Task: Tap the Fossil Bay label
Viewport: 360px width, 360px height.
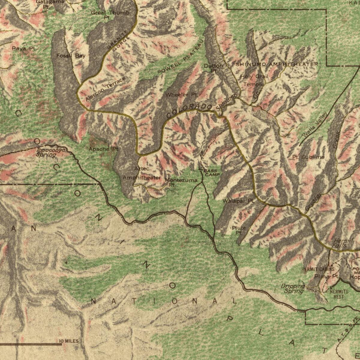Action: point(71,56)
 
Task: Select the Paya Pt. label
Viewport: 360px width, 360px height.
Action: point(24,48)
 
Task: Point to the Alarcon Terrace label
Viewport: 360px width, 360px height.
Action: point(105,89)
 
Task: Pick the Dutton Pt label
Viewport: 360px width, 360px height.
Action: point(213,68)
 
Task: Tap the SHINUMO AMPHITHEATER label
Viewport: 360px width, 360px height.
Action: point(277,64)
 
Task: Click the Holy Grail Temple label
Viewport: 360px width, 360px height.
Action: point(254,80)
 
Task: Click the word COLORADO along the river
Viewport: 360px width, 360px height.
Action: point(190,111)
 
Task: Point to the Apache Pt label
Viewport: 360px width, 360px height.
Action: point(104,149)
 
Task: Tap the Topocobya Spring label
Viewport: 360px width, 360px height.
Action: point(46,153)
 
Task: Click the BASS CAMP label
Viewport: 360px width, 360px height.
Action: point(212,172)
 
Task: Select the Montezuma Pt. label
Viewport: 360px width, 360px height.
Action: point(181,182)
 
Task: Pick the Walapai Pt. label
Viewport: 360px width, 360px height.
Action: point(238,201)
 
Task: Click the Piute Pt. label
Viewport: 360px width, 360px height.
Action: point(239,230)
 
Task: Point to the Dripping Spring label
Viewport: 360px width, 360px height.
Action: point(293,289)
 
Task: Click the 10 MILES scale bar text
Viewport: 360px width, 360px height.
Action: point(69,341)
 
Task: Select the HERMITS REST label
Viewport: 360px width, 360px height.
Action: point(339,294)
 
